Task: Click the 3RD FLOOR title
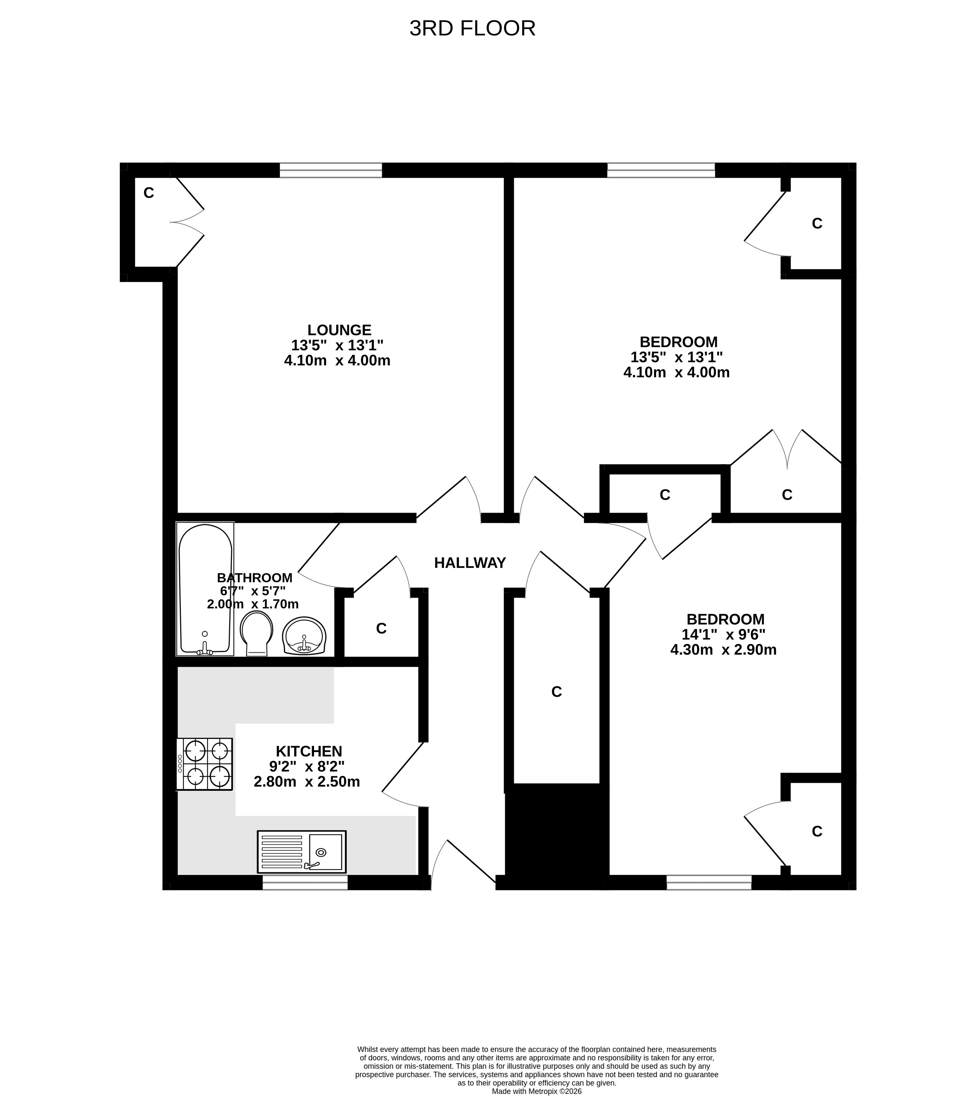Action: (472, 28)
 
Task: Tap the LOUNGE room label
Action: (339, 330)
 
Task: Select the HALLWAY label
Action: (470, 563)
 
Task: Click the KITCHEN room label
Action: (309, 751)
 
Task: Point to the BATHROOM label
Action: (255, 578)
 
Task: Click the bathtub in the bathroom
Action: (205, 589)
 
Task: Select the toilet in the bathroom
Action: (257, 634)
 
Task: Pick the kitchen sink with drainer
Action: (302, 852)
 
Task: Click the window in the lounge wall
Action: (331, 170)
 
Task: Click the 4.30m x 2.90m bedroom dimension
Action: (723, 650)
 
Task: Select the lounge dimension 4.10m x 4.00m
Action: (337, 361)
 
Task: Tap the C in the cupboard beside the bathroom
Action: (381, 628)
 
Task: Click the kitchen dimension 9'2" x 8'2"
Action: (307, 766)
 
